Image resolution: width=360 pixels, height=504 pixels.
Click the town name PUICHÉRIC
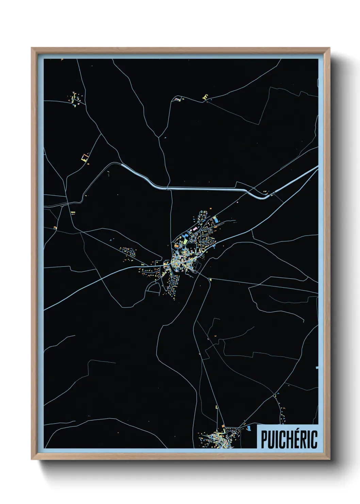click(x=289, y=439)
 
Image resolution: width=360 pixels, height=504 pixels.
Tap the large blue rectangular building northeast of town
click(x=216, y=221)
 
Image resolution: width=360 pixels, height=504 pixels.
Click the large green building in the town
click(x=185, y=241)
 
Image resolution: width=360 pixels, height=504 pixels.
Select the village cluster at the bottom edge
click(x=218, y=438)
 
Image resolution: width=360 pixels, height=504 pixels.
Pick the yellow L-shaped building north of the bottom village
click(x=216, y=407)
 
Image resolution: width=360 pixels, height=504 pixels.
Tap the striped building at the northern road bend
click(x=178, y=99)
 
